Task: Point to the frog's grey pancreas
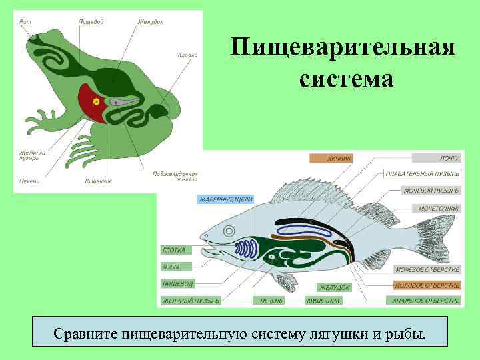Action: [123, 102]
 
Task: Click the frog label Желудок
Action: [150, 22]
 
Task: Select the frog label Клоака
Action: [187, 55]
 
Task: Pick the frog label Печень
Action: [29, 180]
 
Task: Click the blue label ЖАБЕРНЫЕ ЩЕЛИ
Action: [224, 199]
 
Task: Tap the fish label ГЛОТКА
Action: [175, 250]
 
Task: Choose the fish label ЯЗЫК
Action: [171, 266]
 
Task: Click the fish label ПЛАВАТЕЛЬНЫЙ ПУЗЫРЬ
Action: [422, 174]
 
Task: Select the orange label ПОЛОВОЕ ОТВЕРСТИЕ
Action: [427, 285]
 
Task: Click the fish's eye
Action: [229, 231]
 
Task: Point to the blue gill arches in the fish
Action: [247, 250]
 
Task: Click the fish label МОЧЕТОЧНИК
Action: [439, 208]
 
